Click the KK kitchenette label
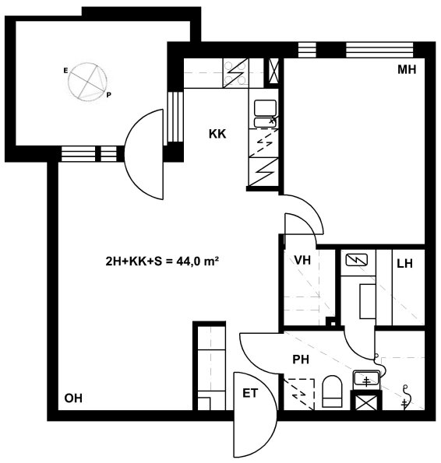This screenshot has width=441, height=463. tap(217, 134)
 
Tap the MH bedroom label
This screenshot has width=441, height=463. tap(407, 69)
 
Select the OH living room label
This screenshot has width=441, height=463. tap(73, 398)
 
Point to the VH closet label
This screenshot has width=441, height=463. tap(302, 260)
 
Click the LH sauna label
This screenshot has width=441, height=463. tap(404, 263)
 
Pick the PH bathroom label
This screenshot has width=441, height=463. tap(301, 360)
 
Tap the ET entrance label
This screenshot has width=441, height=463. tap(250, 393)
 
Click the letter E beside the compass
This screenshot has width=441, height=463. tap(65, 70)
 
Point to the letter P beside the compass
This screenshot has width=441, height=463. tap(109, 95)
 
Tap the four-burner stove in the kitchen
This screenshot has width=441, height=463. tap(236, 73)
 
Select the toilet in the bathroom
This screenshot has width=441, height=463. tap(332, 391)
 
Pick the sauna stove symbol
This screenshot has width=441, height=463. tap(357, 260)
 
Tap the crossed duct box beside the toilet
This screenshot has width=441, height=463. tap(365, 401)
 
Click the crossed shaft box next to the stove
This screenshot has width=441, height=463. tap(273, 71)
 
